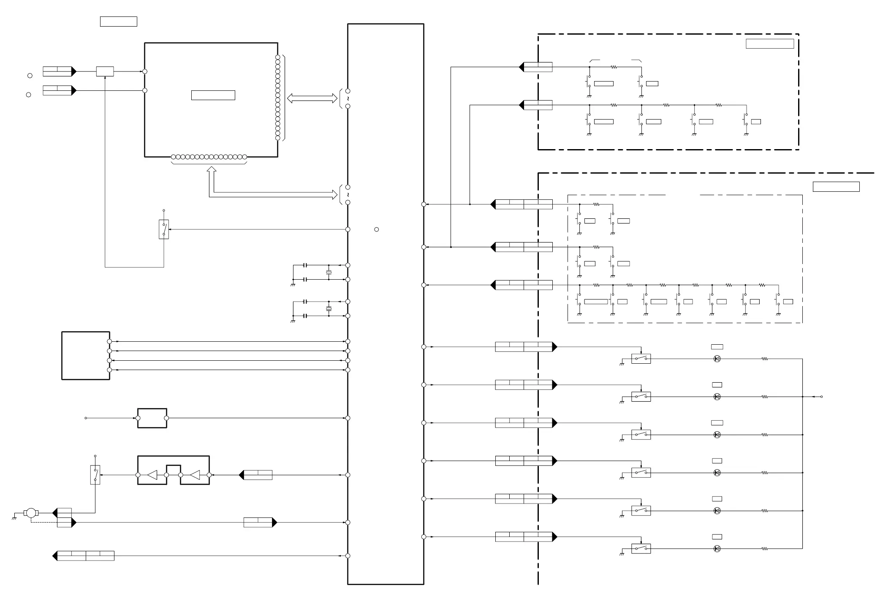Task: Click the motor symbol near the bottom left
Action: click(31, 513)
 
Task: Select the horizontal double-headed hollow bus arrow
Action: click(312, 98)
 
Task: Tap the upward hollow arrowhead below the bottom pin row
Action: click(212, 170)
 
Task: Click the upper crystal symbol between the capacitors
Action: click(329, 272)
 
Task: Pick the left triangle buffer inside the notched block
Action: click(152, 475)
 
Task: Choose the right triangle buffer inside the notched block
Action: click(195, 475)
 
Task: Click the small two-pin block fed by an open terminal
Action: click(152, 418)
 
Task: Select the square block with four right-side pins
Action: click(86, 356)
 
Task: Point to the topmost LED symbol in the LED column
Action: click(717, 359)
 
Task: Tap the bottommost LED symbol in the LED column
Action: click(717, 549)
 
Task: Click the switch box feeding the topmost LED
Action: click(641, 359)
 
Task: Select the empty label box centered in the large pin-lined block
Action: click(213, 95)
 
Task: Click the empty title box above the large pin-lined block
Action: click(118, 22)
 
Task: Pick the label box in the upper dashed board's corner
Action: click(769, 44)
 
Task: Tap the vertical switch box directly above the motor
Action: click(95, 475)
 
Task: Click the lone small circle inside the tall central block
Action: click(376, 229)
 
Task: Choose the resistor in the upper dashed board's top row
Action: click(614, 67)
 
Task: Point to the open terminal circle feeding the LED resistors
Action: click(821, 397)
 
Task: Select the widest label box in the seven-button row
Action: click(596, 302)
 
